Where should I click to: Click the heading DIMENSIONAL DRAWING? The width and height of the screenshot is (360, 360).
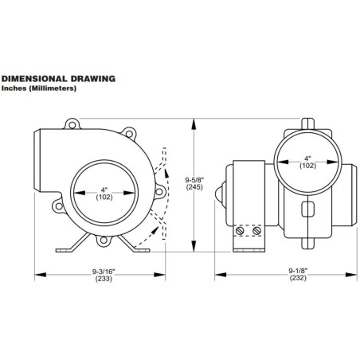(59, 79)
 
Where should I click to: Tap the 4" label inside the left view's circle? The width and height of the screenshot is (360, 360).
(103, 190)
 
